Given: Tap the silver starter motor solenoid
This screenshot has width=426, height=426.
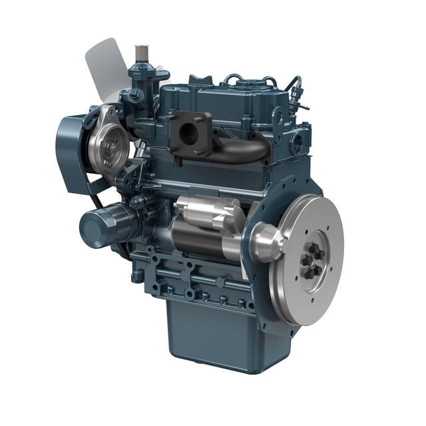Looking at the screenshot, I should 204,212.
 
